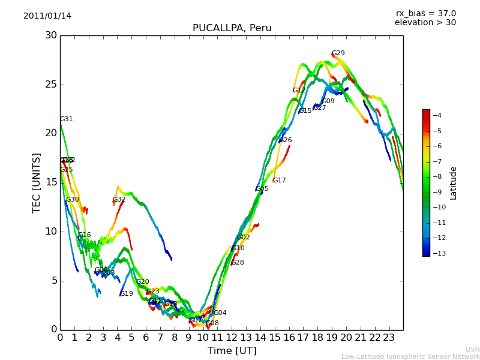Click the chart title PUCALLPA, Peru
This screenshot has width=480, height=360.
(232, 28)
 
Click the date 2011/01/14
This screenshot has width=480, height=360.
(47, 16)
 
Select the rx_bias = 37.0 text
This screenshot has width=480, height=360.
(425, 14)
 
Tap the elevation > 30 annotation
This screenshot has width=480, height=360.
(425, 23)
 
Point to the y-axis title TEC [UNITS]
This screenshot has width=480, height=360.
(37, 182)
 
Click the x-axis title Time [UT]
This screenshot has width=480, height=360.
(232, 351)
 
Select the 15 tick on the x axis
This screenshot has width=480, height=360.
(275, 337)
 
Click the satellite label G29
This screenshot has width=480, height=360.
(338, 53)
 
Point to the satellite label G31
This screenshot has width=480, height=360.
(66, 119)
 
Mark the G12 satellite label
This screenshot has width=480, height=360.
(299, 91)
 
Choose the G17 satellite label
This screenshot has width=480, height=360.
(279, 181)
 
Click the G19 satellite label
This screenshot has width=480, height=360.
(126, 294)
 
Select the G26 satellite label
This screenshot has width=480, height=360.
(285, 140)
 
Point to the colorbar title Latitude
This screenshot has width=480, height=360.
(454, 183)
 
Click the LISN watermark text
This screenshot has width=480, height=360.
(472, 349)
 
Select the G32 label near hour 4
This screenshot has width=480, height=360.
(119, 200)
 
